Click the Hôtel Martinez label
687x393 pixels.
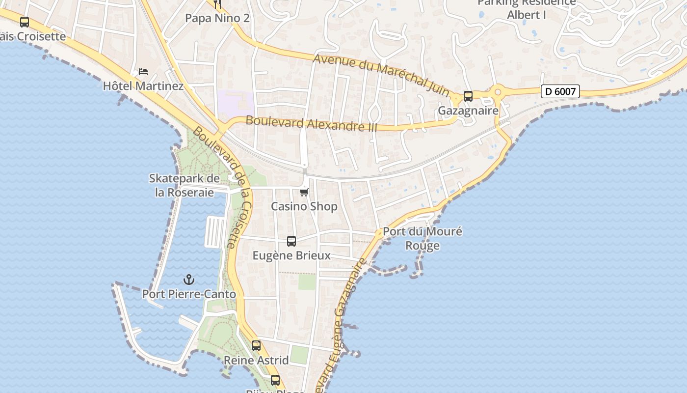(x=143, y=86)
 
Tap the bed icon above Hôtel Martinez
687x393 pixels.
(x=143, y=72)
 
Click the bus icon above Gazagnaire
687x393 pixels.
(x=468, y=96)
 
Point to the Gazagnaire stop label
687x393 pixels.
(x=468, y=111)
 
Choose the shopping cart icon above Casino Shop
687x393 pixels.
(x=304, y=192)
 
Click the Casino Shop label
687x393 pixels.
(x=304, y=206)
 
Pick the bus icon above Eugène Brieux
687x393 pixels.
(x=291, y=241)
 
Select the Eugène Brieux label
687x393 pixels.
(x=291, y=255)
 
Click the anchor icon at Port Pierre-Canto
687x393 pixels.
(x=189, y=280)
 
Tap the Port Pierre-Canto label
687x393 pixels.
(x=189, y=294)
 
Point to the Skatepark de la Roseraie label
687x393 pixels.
(x=185, y=185)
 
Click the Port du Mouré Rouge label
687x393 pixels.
(x=423, y=238)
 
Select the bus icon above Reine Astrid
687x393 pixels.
(x=256, y=345)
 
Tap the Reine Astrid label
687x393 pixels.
(x=256, y=360)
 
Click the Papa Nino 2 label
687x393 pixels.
(x=217, y=19)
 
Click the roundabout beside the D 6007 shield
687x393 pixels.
(x=498, y=91)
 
